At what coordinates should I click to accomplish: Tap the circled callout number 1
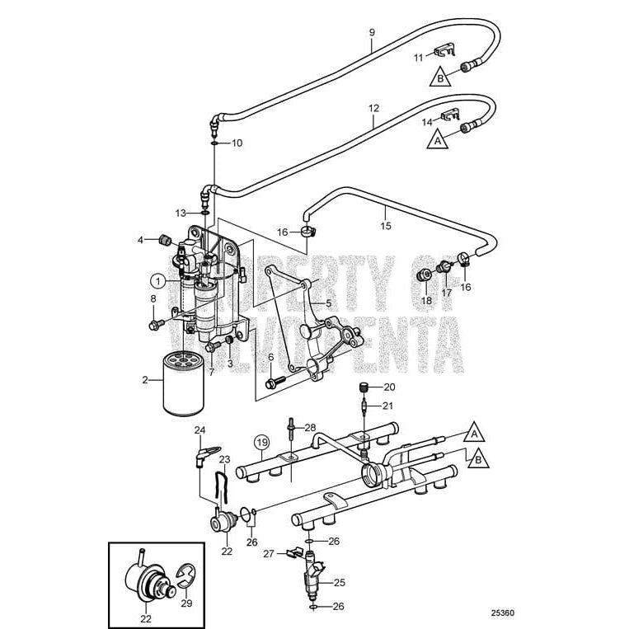(x=157, y=279)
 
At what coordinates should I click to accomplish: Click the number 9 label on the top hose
(x=371, y=32)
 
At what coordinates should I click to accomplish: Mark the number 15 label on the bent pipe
(x=384, y=224)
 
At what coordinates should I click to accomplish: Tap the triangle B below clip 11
(x=441, y=78)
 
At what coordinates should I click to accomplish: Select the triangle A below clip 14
(x=436, y=141)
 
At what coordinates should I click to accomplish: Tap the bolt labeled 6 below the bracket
(x=275, y=383)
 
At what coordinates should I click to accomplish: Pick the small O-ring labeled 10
(x=214, y=143)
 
